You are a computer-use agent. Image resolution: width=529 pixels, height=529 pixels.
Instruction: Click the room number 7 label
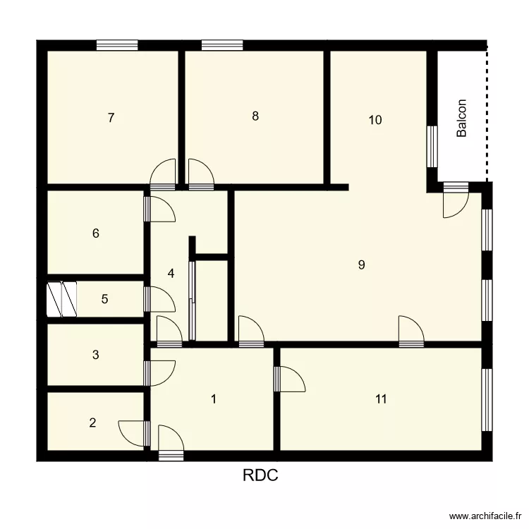click(111, 118)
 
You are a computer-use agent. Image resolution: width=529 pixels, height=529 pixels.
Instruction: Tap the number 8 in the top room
click(255, 116)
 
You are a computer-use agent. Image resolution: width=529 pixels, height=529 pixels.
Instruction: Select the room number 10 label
click(375, 120)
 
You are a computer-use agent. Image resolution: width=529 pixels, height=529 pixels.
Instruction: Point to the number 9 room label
click(361, 265)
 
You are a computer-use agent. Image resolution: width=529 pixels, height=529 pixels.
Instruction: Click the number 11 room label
click(381, 400)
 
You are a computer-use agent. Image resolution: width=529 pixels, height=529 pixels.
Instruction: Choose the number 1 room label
click(214, 399)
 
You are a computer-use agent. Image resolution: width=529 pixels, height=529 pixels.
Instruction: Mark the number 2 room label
click(92, 423)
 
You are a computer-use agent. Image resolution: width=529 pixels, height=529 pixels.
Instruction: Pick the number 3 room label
click(95, 355)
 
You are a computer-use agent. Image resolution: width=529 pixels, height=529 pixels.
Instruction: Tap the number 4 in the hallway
click(171, 273)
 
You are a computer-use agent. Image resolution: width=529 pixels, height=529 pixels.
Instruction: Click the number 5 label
click(104, 299)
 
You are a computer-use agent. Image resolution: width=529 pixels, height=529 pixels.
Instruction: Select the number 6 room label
click(96, 233)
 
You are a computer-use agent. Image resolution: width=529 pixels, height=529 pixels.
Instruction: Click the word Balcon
click(462, 118)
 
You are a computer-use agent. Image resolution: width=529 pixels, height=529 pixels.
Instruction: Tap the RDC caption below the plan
click(261, 476)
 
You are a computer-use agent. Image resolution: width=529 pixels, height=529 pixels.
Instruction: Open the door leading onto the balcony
click(454, 201)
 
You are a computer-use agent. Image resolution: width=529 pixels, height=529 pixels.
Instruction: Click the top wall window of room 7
click(117, 46)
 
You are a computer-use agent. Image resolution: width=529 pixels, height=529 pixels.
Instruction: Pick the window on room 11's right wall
click(487, 399)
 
